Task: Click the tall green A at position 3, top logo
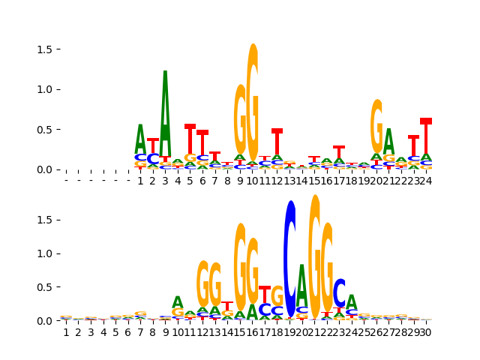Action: click(x=165, y=112)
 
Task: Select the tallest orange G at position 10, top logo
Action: click(x=253, y=101)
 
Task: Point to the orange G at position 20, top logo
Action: click(x=376, y=126)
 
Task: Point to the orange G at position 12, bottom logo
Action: click(x=202, y=283)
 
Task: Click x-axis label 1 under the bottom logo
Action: click(x=66, y=333)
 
